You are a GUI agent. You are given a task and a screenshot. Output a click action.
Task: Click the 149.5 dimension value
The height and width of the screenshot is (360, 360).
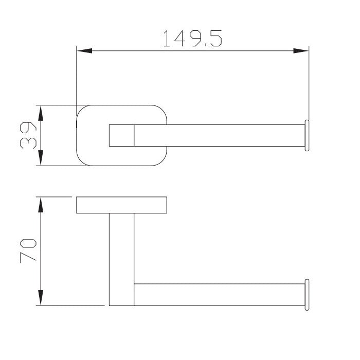(192, 39)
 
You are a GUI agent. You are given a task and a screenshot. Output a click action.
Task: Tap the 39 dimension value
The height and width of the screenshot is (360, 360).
(28, 135)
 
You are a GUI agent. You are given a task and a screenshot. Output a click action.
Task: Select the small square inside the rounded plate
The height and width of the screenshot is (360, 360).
(122, 135)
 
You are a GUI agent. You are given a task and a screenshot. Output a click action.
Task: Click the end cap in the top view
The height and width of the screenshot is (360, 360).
(307, 135)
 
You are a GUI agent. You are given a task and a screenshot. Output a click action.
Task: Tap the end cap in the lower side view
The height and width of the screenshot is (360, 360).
(307, 295)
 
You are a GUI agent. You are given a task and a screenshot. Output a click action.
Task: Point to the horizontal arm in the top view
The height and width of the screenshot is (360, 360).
(216, 135)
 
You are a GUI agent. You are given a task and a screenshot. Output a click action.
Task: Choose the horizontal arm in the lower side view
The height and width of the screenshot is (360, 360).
(216, 295)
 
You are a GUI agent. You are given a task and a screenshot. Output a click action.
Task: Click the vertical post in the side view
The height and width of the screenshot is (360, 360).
(122, 257)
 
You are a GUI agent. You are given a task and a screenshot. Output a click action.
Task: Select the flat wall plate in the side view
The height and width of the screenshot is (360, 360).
(121, 205)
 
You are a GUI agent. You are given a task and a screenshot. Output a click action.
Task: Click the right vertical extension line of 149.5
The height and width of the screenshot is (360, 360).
(309, 82)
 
